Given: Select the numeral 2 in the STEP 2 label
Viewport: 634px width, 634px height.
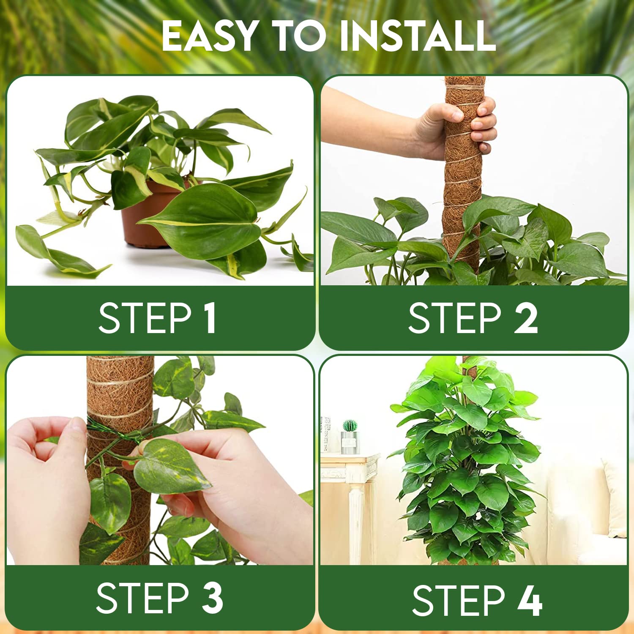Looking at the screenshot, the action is click(x=526, y=318).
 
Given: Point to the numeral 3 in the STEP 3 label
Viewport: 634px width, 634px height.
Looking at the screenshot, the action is click(x=213, y=598).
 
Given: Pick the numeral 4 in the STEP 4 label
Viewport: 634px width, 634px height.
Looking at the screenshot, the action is click(x=530, y=600).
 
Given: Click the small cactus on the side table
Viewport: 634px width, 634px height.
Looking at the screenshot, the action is click(x=350, y=425).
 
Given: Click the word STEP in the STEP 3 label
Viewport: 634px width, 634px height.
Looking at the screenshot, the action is click(x=142, y=598).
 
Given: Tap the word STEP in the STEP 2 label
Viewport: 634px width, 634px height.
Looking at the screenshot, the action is click(x=454, y=318).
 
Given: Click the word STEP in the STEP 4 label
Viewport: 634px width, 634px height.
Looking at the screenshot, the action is click(x=458, y=600).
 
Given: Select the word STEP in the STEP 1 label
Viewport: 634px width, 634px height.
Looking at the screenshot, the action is click(x=145, y=318).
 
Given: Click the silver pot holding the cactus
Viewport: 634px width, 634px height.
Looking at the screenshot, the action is click(x=350, y=443).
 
